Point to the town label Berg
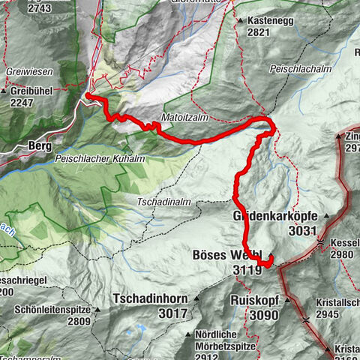pyautogui.click(x=39, y=145)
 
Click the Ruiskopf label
pyautogui.click(x=254, y=298)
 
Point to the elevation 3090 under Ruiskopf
pyautogui.click(x=246, y=312)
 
